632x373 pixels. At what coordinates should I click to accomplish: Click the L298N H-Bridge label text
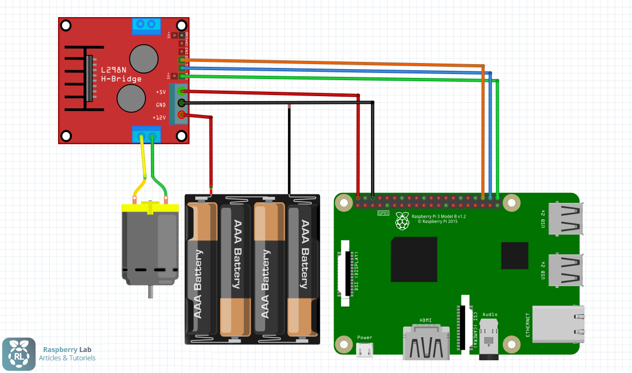pos(121,75)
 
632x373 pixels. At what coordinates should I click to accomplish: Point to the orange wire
pos(332,62)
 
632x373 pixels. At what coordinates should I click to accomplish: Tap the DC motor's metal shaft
pos(150,291)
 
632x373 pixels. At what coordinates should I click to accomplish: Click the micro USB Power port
pos(364,350)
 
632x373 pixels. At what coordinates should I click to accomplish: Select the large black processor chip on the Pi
pos(414,259)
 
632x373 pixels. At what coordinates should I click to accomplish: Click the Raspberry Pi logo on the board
pos(402,221)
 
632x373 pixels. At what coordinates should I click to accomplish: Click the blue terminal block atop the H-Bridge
pos(146,25)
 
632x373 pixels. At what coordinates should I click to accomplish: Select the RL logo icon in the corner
pos(19,354)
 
